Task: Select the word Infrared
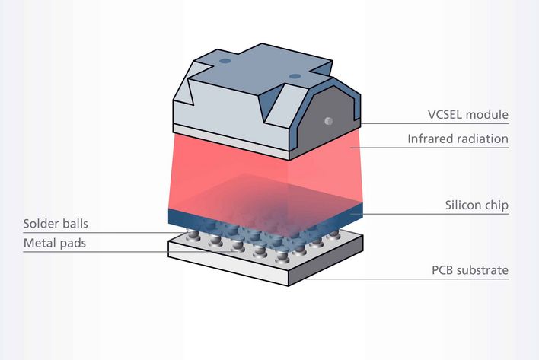[430, 139]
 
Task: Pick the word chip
[497, 205]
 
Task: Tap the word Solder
[40, 225]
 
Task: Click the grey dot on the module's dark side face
[328, 121]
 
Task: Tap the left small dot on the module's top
[225, 61]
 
